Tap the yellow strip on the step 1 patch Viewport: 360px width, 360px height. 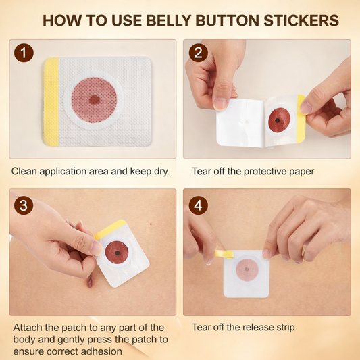51,101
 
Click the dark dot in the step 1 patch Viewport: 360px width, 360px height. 95,100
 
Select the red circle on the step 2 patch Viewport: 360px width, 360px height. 279,120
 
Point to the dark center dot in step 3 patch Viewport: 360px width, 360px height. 118,253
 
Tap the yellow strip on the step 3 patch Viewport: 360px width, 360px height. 110,229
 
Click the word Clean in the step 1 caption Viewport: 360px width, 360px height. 24,172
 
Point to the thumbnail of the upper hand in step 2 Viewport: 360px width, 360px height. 220,103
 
